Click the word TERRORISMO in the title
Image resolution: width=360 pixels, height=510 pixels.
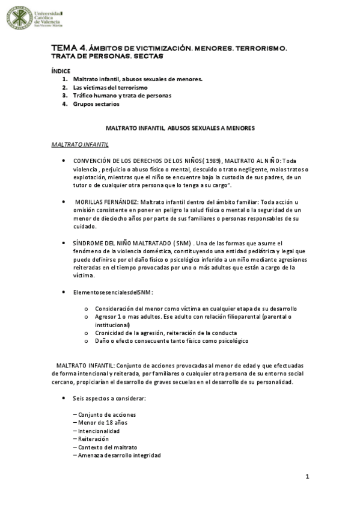[257, 48]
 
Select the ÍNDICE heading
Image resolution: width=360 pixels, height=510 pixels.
[61, 70]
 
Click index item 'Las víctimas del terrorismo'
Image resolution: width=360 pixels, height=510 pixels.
[110, 87]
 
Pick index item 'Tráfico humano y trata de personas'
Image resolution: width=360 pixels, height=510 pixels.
[122, 96]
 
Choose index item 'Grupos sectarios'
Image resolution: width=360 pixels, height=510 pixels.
[96, 104]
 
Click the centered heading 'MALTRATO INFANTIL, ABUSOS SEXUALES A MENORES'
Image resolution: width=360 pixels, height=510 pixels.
[181, 128]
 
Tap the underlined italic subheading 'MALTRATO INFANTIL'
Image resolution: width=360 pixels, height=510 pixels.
[79, 145]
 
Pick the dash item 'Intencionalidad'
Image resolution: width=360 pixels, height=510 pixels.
[99, 431]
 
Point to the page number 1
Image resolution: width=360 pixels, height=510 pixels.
[307, 477]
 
